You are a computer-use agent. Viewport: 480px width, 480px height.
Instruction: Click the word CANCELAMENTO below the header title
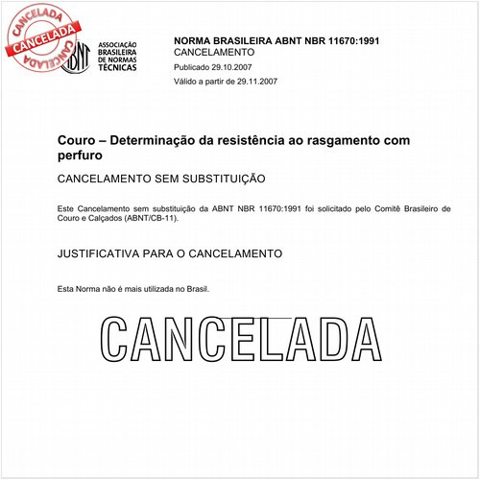214,53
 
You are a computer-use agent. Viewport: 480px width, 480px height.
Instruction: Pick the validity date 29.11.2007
252,83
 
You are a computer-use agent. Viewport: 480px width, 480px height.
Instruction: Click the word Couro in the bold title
76,140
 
